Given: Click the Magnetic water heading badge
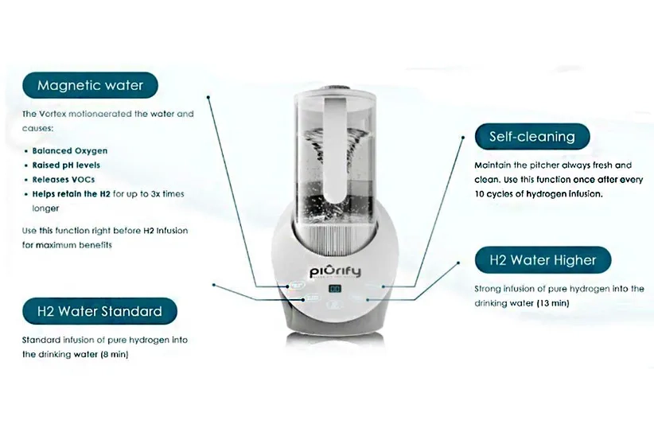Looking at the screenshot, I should tap(89, 85).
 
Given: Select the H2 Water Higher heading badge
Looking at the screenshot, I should tap(542, 259).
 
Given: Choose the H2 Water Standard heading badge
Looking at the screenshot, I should tap(99, 310).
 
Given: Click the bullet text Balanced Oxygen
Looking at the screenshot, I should tap(70, 150).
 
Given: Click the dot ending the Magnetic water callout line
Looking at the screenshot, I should tap(208, 99).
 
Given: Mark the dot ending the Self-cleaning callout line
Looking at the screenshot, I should tap(463, 137).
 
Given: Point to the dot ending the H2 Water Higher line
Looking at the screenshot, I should tap(459, 260).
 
